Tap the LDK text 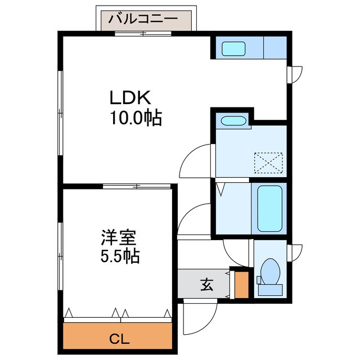pyautogui.click(x=130, y=98)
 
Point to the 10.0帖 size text pyautogui.click(x=137, y=118)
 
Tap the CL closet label pyautogui.click(x=119, y=339)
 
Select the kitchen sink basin pyautogui.click(x=232, y=48)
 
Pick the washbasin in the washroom pyautogui.click(x=232, y=121)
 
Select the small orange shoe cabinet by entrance pyautogui.click(x=241, y=285)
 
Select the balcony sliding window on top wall pyautogui.click(x=143, y=34)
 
